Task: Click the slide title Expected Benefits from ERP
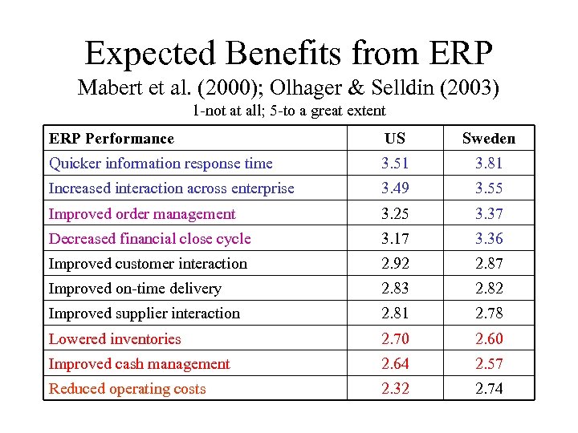point(288,54)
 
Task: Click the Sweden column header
point(488,139)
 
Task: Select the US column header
point(395,139)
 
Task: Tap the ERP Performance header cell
point(111,139)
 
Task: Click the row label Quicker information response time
point(161,164)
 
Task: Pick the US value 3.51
point(395,164)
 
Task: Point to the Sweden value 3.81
point(488,164)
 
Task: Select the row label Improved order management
point(142,214)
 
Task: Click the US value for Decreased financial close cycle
point(395,239)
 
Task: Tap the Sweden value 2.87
point(488,264)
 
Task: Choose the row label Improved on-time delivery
point(135,289)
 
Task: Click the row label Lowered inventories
point(115,339)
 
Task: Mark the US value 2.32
point(395,389)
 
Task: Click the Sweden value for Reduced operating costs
point(488,389)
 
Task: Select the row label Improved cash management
point(140,364)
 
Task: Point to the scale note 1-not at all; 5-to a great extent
point(289,111)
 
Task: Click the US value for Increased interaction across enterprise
point(395,188)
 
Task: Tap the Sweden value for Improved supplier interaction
point(488,314)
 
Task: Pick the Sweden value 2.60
point(488,339)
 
